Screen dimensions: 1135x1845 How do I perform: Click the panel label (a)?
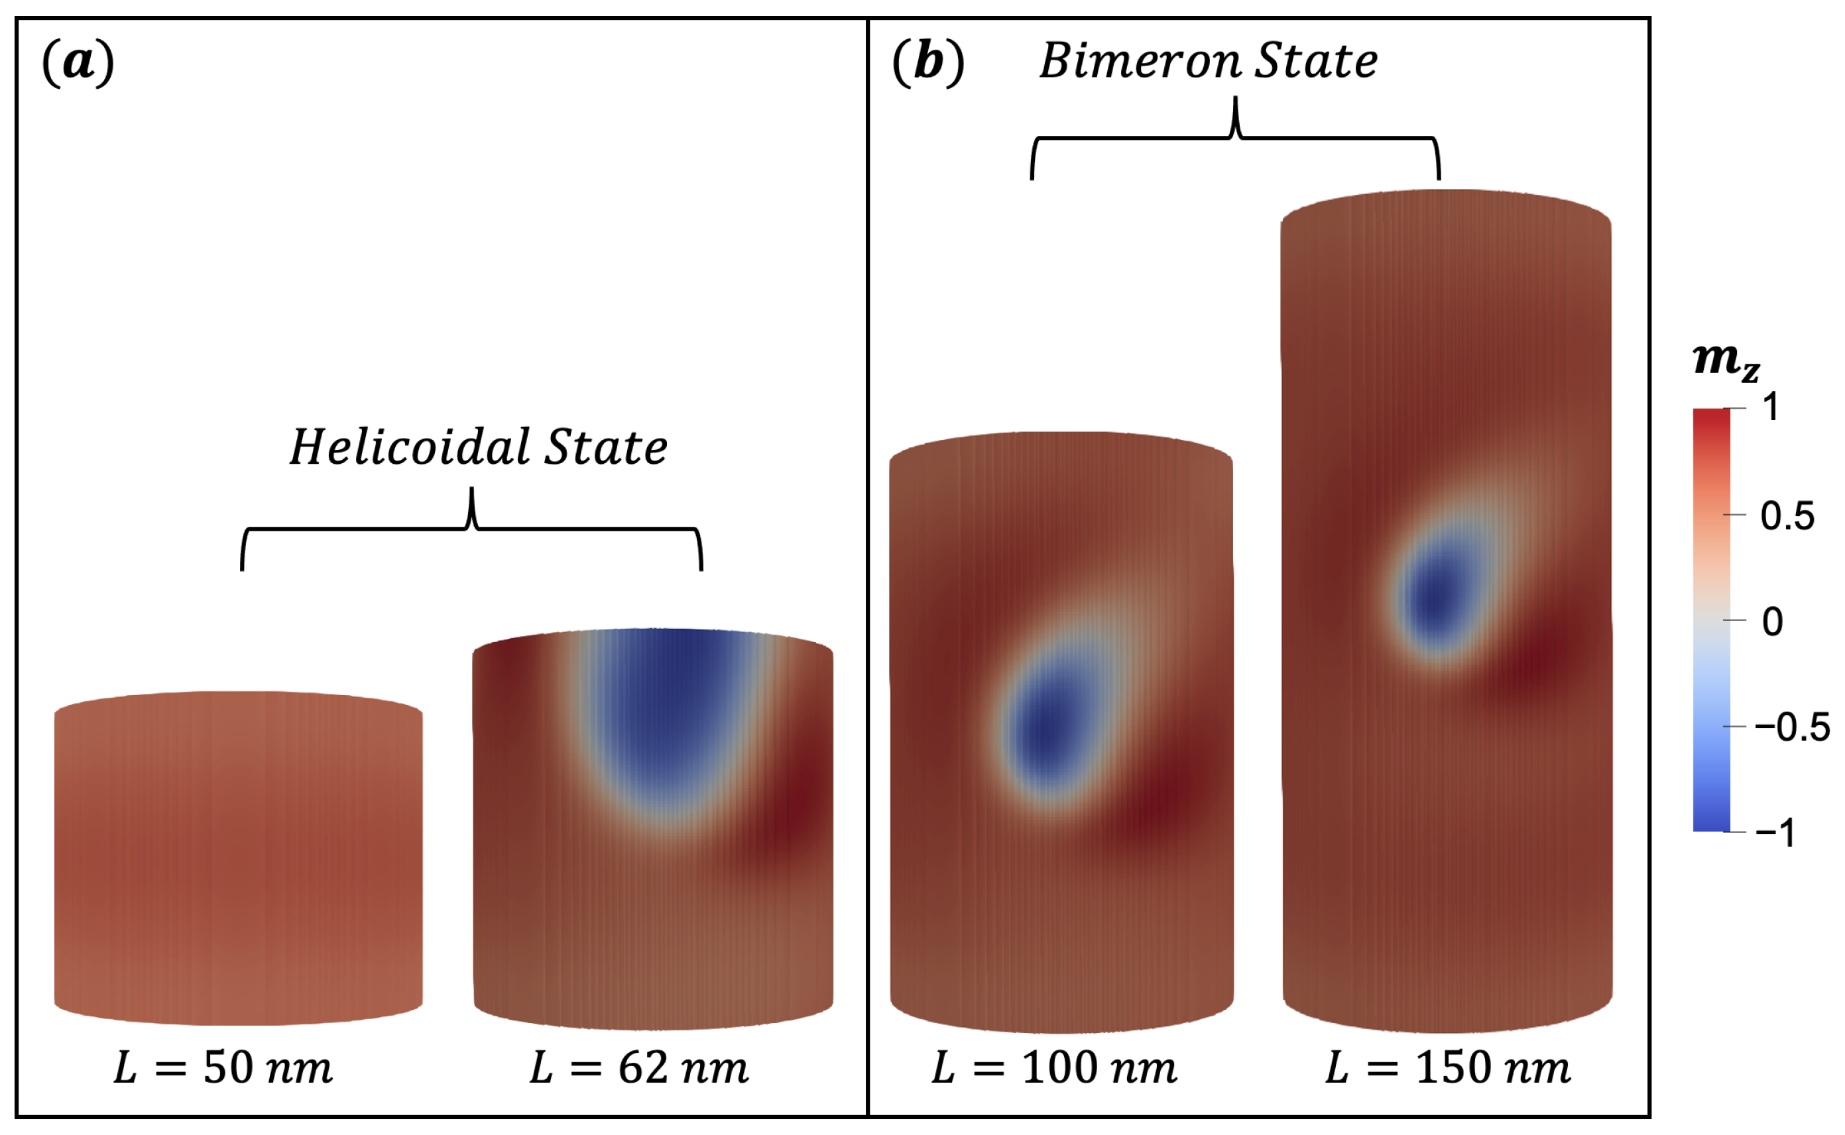78,63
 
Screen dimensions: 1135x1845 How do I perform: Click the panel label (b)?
928,63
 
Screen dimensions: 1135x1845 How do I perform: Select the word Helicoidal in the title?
410,448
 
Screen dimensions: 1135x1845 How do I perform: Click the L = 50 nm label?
223,1068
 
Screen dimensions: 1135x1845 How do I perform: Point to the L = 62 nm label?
639,1068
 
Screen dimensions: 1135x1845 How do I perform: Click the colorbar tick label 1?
1771,407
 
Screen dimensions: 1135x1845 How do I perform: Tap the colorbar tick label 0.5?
1787,516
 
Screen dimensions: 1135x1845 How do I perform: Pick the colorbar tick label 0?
1772,622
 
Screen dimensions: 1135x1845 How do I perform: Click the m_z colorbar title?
1726,362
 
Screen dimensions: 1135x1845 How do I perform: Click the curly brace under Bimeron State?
1235,140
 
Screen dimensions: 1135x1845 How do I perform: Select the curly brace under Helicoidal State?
471,530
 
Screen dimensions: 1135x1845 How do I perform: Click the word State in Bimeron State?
1317,61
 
